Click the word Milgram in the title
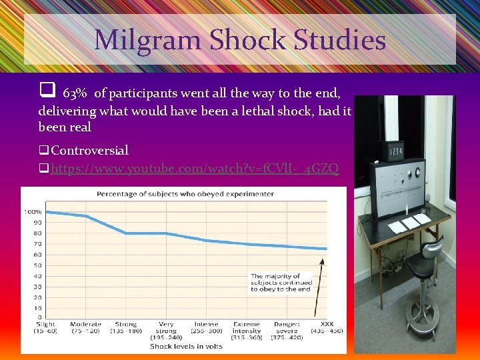147,40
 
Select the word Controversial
89,151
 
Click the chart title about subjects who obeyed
185,194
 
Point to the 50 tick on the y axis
38,265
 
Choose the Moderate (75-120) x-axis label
85,327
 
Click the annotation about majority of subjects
281,282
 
